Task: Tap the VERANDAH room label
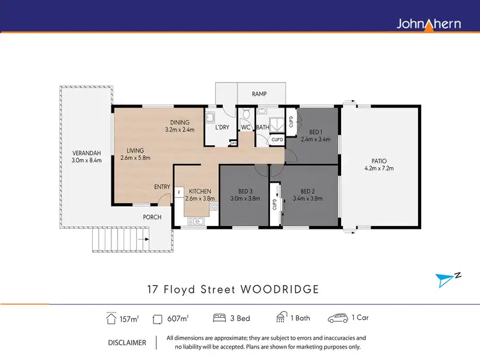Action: pos(86,153)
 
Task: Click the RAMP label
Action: pos(259,94)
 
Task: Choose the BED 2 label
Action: pos(308,191)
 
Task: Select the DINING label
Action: pos(180,122)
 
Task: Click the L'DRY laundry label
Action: pos(222,127)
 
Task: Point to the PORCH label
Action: pos(152,217)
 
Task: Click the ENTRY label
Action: pos(162,187)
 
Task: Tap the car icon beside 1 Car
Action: pos(337,318)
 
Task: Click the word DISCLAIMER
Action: pos(127,343)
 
